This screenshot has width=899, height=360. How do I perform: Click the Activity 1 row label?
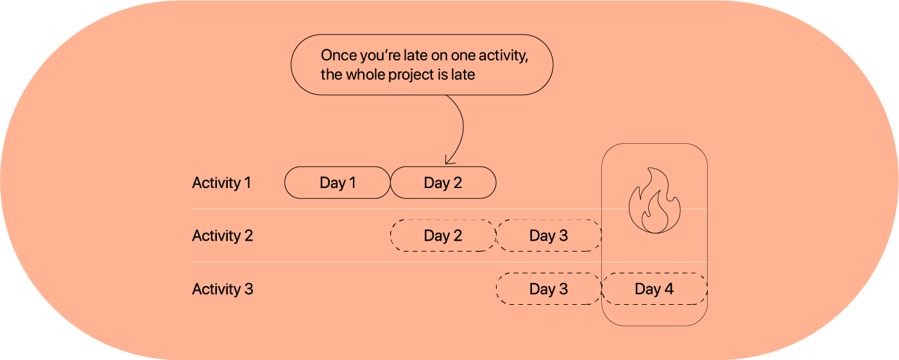[221, 183]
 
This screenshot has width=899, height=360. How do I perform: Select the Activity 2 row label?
[223, 236]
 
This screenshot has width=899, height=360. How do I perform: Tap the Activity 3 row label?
[223, 289]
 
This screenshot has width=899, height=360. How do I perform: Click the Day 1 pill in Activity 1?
[338, 183]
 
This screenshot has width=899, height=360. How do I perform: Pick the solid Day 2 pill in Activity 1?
[443, 183]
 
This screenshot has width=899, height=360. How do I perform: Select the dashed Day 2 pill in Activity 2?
[443, 236]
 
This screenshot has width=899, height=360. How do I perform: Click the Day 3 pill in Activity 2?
[549, 236]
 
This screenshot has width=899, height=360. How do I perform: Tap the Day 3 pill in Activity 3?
[549, 289]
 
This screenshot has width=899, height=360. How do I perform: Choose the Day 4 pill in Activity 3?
[654, 289]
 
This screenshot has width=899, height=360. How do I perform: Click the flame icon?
[655, 200]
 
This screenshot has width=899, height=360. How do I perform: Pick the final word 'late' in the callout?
[463, 74]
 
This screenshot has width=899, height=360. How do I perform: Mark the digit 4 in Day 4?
[669, 289]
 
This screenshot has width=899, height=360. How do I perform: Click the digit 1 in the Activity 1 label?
[248, 183]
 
